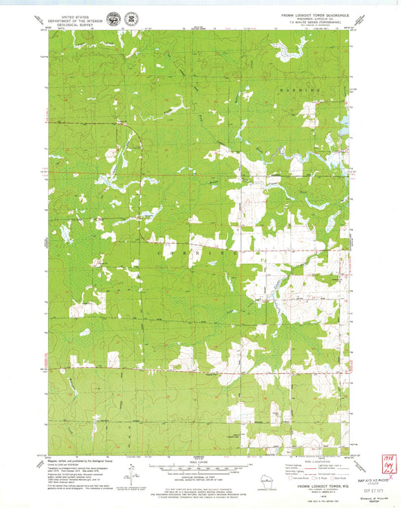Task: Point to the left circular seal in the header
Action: click(x=114, y=17)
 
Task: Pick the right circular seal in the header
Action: click(x=131, y=17)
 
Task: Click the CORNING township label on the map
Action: click(x=199, y=254)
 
